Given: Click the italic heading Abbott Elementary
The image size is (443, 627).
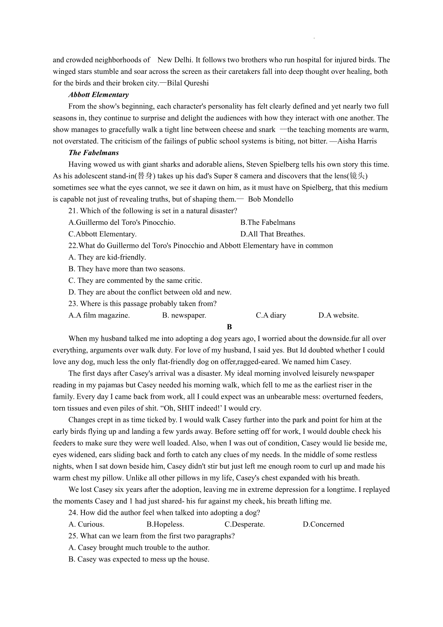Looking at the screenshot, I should (99, 95).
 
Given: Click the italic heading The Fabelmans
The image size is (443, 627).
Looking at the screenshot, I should (94, 153).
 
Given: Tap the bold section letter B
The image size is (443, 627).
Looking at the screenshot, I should (229, 327).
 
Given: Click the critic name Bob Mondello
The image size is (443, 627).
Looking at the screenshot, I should (271, 199).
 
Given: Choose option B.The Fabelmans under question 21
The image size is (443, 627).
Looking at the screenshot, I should (268, 222).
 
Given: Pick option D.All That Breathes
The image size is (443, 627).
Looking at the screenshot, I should (272, 234).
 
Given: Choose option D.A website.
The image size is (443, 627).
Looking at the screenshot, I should (338, 315).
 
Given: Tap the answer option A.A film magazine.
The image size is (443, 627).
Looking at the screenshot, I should (99, 315).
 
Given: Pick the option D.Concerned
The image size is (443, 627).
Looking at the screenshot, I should (323, 524).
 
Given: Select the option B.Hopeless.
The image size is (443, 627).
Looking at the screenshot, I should (165, 524).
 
